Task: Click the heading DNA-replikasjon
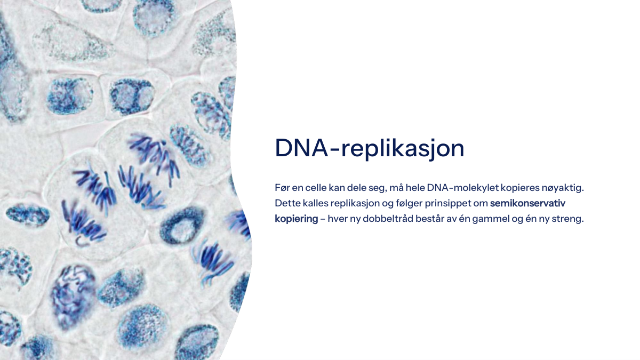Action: coord(370,149)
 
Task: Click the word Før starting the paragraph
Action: coord(282,188)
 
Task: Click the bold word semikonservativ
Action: coord(527,203)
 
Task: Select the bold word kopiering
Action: coord(297,219)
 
